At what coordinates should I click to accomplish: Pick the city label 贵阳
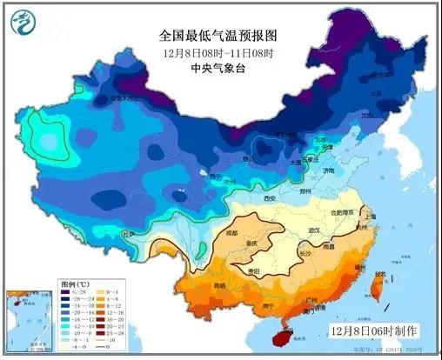coord(257,271)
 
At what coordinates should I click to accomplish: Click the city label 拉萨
coord(129,235)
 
